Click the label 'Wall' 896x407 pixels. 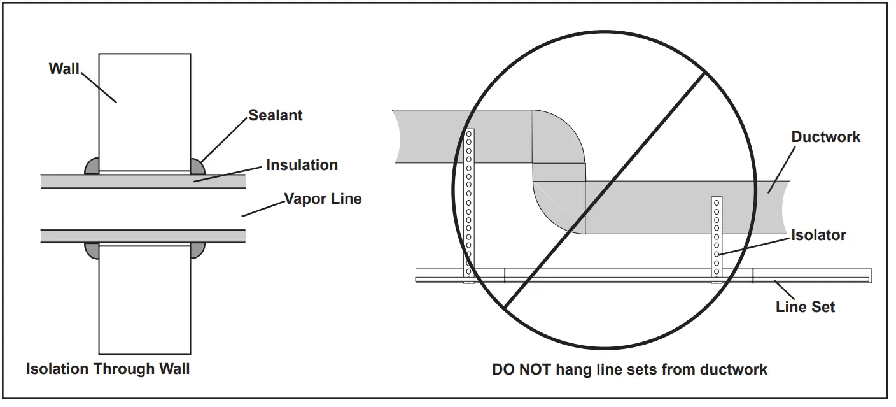pyautogui.click(x=64, y=69)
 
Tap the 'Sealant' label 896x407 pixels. pyautogui.click(x=276, y=115)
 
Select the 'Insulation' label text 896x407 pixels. pyautogui.click(x=302, y=165)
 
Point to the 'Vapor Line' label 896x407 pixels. pyautogui.click(x=323, y=199)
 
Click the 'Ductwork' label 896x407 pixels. pyautogui.click(x=825, y=137)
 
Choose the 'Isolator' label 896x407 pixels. pyautogui.click(x=818, y=235)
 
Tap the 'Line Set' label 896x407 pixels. pyautogui.click(x=805, y=307)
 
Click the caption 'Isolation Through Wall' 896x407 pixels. pyautogui.click(x=108, y=369)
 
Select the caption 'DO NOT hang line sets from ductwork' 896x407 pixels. pyautogui.click(x=629, y=369)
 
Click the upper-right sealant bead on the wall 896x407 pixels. pyautogui.click(x=197, y=166)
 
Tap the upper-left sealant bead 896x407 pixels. pyautogui.click(x=92, y=166)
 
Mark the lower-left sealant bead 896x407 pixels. pyautogui.click(x=92, y=250)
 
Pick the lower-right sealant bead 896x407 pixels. pyautogui.click(x=197, y=250)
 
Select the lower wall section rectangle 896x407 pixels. pyautogui.click(x=144, y=299)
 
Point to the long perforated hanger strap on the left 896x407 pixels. pyautogui.click(x=469, y=204)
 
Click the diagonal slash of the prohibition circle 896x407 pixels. pyautogui.click(x=605, y=191)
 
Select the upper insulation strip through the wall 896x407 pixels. pyautogui.click(x=143, y=181)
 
